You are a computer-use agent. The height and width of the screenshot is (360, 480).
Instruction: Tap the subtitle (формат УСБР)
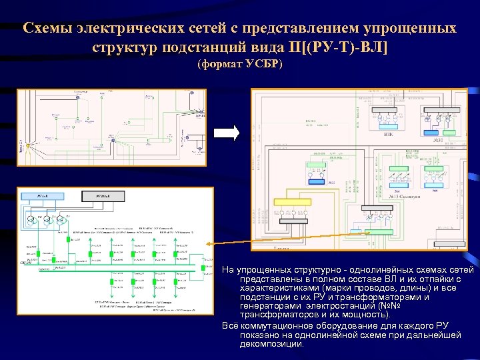tap(240, 64)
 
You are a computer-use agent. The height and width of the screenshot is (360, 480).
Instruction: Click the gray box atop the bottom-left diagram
tap(104, 197)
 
